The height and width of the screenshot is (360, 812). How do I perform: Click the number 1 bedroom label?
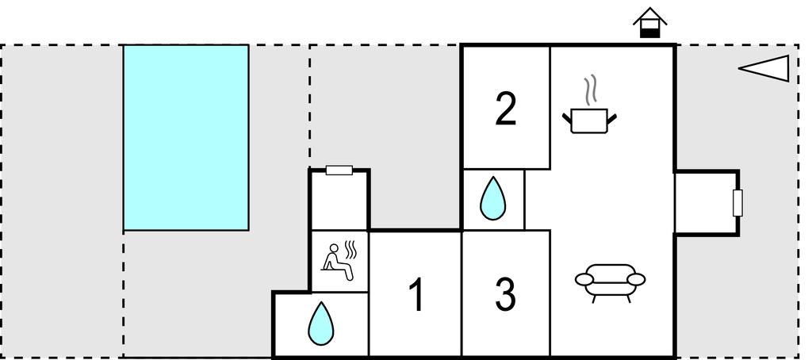coord(416,294)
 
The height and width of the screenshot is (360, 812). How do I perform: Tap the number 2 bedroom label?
coord(506,109)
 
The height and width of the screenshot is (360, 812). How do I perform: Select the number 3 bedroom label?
coord(505,294)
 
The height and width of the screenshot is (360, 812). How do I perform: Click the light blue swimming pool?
coord(186,137)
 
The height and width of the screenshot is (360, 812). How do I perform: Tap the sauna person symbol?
coord(337,262)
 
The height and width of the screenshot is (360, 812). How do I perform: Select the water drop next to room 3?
coord(492,198)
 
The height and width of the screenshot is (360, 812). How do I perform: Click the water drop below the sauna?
coord(321,324)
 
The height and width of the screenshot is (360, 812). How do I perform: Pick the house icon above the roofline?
coord(650,23)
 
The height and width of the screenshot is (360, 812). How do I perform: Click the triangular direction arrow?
coord(764,68)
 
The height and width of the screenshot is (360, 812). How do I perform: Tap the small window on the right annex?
coord(738,202)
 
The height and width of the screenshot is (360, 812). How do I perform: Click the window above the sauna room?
coord(339,170)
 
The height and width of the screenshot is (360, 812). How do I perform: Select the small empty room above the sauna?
coord(339,201)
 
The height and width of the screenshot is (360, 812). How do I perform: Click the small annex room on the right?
coord(705,203)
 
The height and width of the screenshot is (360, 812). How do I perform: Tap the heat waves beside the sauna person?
coord(350,250)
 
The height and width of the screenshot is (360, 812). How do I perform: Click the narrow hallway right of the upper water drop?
coord(538,199)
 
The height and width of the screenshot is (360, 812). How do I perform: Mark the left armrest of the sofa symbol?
coord(584,279)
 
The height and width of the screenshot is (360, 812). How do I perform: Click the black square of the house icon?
coord(650,33)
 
